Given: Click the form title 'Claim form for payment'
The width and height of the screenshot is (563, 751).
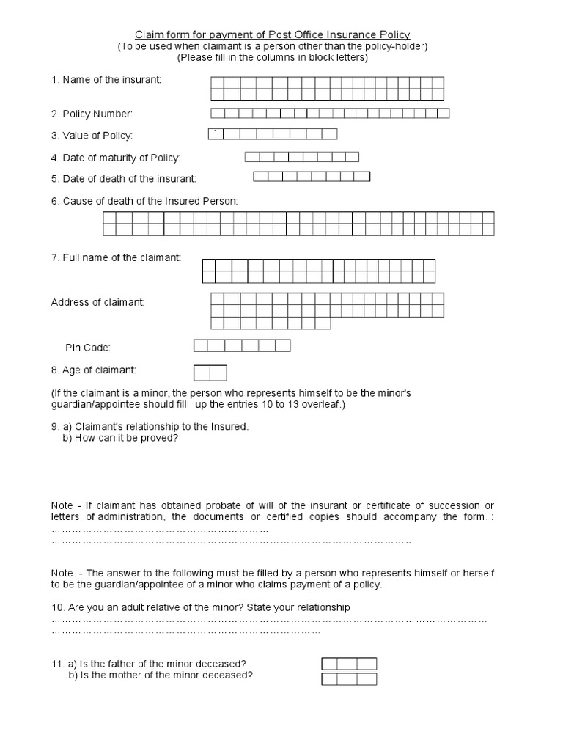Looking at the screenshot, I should pos(272,34).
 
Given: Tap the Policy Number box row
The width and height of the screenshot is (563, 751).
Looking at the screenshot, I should pos(330,113).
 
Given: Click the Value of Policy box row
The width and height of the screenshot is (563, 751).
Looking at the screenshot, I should pos(272,133).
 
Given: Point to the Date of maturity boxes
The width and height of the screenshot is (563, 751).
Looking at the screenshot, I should pos(301,156).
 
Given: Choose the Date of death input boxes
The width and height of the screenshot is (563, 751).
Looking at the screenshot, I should pos(312,176).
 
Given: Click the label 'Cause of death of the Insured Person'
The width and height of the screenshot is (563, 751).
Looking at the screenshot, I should pos(144,200).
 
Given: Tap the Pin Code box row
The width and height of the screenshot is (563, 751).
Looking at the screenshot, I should pos(242,345).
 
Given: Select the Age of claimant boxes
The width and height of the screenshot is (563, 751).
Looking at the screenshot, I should pos(210,373).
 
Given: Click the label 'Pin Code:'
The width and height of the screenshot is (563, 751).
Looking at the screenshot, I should pos(88,348).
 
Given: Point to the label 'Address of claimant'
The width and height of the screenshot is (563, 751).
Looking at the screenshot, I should pos(97,303).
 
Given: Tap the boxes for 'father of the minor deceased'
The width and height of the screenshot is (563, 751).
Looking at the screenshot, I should pos(349,664).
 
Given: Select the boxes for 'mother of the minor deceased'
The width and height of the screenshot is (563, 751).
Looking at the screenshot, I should pos(349,679).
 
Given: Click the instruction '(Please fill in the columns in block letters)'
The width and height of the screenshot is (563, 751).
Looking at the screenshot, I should pos(272,57).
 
